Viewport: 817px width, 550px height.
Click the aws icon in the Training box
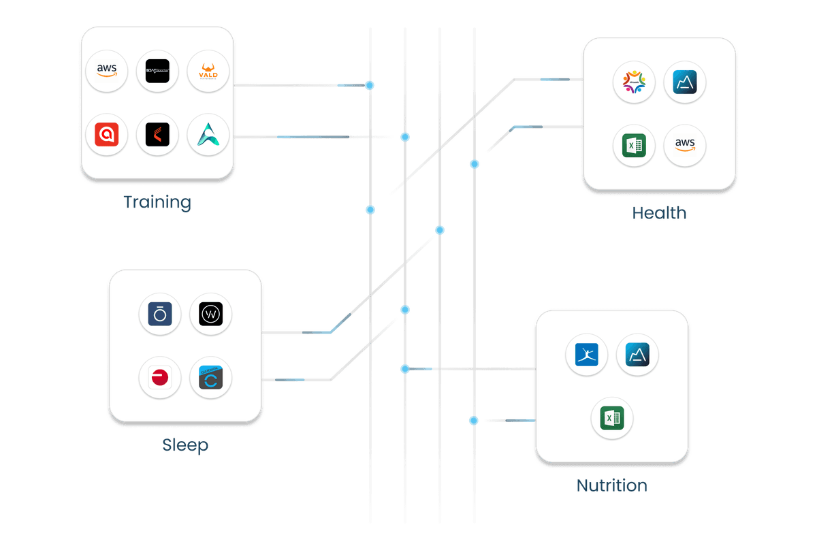tap(107, 71)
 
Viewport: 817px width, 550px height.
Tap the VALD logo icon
tap(208, 71)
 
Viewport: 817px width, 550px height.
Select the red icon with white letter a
tap(107, 135)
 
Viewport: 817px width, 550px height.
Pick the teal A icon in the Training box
tap(208, 135)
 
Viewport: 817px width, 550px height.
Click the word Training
tap(157, 202)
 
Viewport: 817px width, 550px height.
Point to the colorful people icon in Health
tap(634, 82)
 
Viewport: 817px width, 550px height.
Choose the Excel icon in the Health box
tap(634, 145)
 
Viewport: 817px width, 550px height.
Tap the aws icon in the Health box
tap(685, 145)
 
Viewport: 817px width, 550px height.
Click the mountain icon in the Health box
tap(685, 82)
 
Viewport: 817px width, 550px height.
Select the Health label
tap(659, 213)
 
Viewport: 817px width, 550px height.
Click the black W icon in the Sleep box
tap(210, 314)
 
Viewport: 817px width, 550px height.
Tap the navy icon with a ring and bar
tap(160, 314)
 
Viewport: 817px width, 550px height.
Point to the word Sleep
tap(185, 446)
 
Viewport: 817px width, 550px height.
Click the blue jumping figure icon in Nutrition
tap(586, 355)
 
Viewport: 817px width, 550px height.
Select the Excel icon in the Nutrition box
tap(611, 418)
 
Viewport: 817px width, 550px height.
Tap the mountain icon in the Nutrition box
tap(637, 355)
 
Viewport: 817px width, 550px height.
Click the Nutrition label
tap(611, 485)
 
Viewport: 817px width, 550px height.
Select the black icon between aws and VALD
tap(157, 71)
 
